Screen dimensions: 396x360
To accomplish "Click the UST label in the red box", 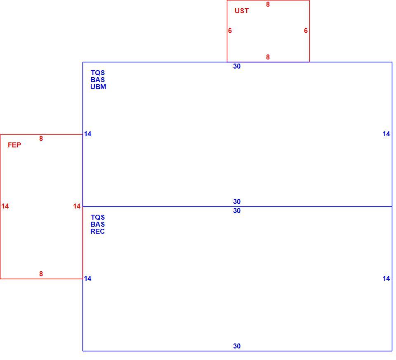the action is coord(241,11).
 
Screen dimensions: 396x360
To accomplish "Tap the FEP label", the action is coord(14,145).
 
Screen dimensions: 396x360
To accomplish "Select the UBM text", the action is coord(98,87).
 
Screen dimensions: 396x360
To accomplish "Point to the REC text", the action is coord(97,231).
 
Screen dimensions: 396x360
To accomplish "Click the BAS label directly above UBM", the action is coord(97,80).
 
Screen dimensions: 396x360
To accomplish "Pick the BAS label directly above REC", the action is coord(97,224).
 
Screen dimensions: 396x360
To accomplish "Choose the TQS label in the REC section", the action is coord(98,217).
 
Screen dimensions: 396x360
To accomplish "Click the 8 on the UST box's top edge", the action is coord(268,4).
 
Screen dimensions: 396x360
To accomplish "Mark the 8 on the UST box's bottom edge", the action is coord(268,57).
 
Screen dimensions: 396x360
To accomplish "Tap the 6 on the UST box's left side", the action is coord(230,31).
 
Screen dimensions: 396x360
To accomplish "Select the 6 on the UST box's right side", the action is coord(306,31).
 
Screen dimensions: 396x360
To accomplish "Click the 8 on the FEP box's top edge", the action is coord(41,138).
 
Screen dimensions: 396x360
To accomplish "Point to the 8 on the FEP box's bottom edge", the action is coord(41,274).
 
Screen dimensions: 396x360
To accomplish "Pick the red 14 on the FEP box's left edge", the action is coord(5,206).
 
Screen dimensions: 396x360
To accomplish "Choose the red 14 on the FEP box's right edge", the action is coord(77,206).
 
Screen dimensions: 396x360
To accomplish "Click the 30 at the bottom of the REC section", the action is coord(237,346).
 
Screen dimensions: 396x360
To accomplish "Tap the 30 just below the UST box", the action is coord(237,66).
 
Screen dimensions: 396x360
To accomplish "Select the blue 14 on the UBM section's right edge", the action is coord(387,134).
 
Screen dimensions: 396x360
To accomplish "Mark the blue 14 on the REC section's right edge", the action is coord(387,278).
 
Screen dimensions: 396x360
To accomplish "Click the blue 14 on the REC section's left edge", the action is coord(87,278).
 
